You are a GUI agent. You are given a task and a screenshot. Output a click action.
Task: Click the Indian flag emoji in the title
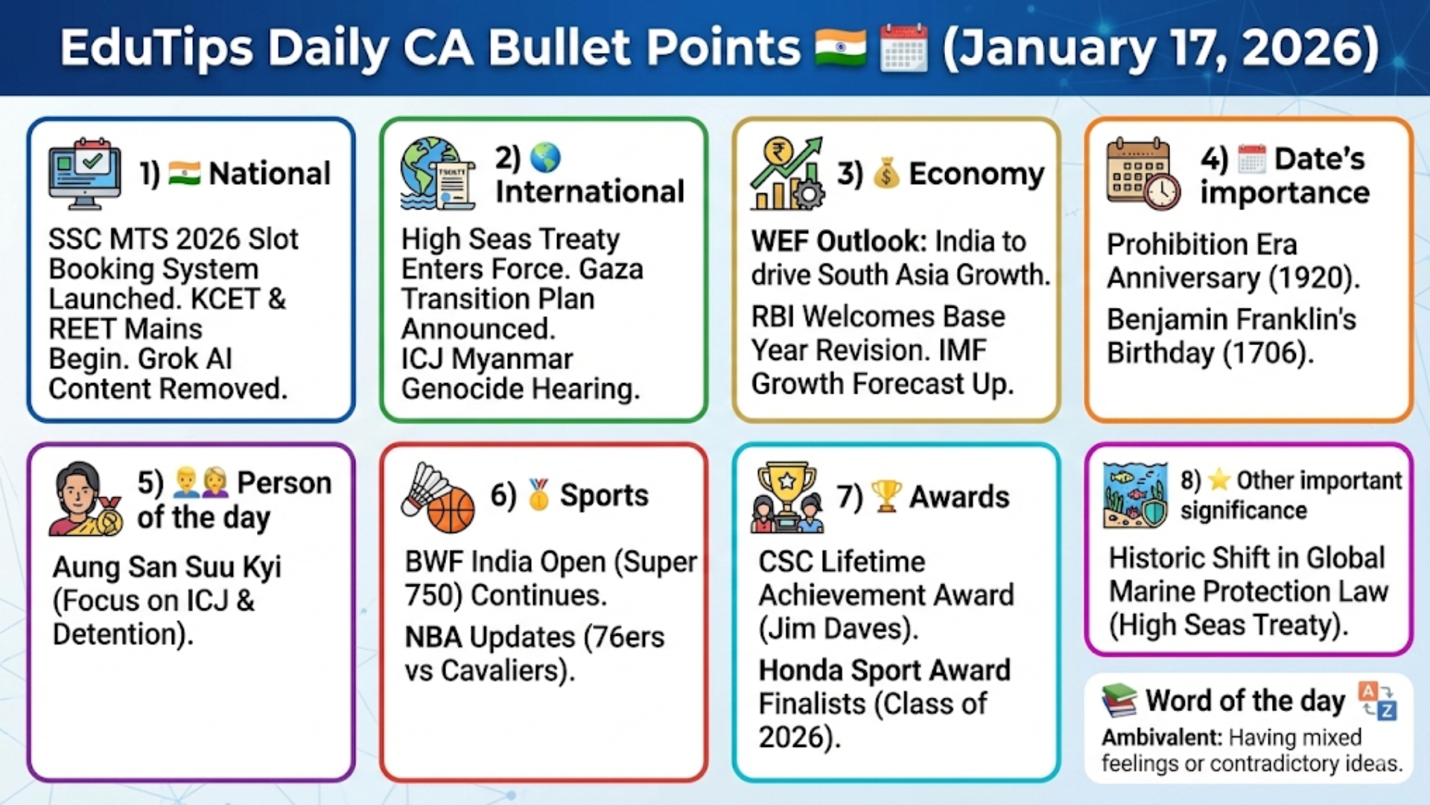coord(840,48)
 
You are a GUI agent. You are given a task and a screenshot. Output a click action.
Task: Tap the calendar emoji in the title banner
coord(903,48)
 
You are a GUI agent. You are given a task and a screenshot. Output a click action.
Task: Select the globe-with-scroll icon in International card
coord(436,173)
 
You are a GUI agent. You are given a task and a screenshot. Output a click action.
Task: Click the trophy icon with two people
coord(786,498)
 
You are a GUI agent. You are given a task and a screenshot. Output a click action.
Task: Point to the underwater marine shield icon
coord(1135,495)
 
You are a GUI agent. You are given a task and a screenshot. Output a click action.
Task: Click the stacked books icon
coord(1119,701)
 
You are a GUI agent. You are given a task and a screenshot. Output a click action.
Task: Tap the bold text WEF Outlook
coord(839,242)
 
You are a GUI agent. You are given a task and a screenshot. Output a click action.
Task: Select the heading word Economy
coord(976,174)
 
